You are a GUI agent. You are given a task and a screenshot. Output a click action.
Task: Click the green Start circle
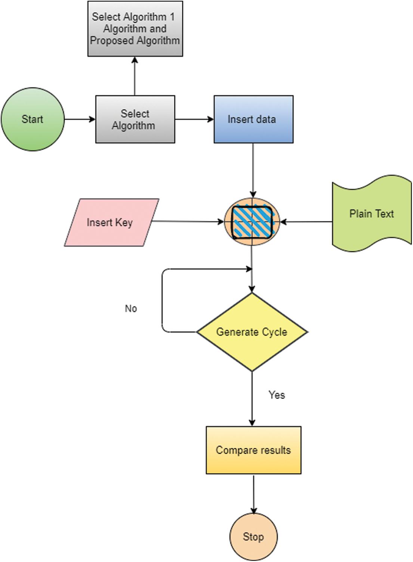click(33, 119)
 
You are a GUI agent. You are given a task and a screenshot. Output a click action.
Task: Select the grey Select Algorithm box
click(135, 119)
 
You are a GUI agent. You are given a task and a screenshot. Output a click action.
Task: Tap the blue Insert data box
click(253, 119)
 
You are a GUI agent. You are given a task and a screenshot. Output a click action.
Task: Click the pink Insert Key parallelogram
click(111, 222)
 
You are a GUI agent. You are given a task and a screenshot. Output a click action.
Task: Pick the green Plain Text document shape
click(372, 213)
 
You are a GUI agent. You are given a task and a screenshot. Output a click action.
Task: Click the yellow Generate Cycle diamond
click(252, 332)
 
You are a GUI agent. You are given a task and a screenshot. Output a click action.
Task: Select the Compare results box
click(253, 450)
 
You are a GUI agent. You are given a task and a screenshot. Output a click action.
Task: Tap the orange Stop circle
click(253, 537)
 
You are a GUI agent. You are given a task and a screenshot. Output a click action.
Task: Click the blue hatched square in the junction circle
click(252, 222)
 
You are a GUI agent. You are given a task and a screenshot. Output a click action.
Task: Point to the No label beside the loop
click(131, 309)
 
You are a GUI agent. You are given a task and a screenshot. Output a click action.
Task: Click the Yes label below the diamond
click(277, 395)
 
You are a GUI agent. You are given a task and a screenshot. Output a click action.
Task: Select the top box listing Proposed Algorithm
click(135, 29)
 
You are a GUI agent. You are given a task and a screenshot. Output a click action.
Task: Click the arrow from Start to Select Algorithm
click(80, 119)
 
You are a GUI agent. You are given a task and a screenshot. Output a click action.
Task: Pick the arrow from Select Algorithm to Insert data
click(194, 119)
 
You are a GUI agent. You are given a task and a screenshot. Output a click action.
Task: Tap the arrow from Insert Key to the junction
click(188, 221)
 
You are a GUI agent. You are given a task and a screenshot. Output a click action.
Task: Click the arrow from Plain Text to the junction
click(306, 222)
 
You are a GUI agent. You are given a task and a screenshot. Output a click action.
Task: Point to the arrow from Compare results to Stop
click(253, 494)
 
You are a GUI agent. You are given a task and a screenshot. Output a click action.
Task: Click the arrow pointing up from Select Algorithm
click(135, 76)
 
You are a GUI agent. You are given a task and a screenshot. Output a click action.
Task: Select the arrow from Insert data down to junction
click(253, 171)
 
